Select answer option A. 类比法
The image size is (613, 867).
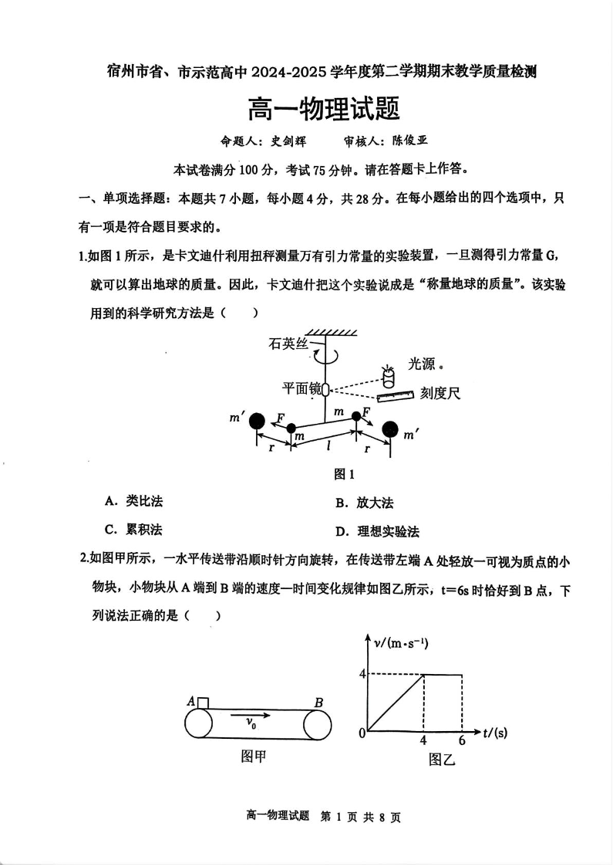(133, 502)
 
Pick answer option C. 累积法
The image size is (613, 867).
(133, 530)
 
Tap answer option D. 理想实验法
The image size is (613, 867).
(377, 532)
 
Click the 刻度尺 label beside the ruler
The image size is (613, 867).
(440, 394)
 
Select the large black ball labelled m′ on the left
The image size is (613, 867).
(258, 421)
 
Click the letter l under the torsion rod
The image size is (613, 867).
(329, 445)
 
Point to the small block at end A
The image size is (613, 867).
(203, 702)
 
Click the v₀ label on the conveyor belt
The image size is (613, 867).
(251, 723)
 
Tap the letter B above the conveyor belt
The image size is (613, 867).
(318, 703)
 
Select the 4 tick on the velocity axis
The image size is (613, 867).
(361, 673)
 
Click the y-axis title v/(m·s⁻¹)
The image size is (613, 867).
(401, 642)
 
